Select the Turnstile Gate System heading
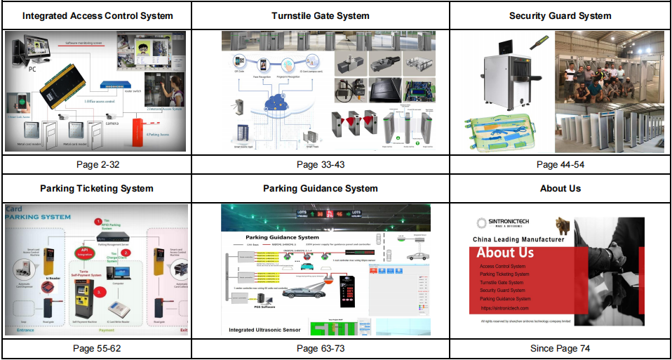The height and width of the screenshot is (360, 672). coord(320,15)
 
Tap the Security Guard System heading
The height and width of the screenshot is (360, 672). coord(560,15)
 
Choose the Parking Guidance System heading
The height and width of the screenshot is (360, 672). coord(320,188)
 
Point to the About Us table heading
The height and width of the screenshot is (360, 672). coord(560,188)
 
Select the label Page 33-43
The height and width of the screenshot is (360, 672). coord(320,164)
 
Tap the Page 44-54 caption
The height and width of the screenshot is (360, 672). coord(560,164)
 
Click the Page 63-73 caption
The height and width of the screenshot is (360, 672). coord(320,348)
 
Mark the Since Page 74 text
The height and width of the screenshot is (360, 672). coord(560,348)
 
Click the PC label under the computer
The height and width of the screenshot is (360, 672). coord(32,69)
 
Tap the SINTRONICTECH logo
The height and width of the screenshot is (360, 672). coord(504,223)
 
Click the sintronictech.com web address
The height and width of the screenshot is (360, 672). coord(504,308)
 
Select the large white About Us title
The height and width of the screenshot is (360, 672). coord(505,253)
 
